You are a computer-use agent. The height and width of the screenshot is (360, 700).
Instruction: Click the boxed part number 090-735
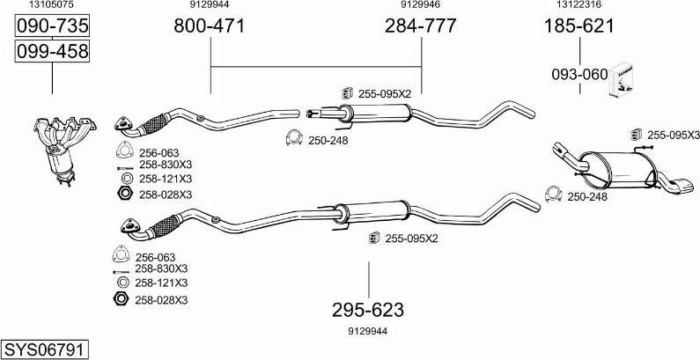52,26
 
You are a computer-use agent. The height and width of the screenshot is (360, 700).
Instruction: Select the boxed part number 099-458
52,51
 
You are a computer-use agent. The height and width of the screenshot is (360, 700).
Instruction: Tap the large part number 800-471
210,26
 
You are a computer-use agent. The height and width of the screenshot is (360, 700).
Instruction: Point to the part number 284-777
421,26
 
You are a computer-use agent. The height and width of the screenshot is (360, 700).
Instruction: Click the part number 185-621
579,26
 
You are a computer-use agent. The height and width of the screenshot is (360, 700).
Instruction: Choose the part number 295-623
368,310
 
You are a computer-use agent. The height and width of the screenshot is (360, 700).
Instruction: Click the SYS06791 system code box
45,349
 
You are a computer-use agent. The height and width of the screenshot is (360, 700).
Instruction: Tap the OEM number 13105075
52,5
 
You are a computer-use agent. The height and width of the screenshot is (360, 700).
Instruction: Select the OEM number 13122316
578,5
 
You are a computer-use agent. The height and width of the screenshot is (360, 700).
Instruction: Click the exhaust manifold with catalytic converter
63,150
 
